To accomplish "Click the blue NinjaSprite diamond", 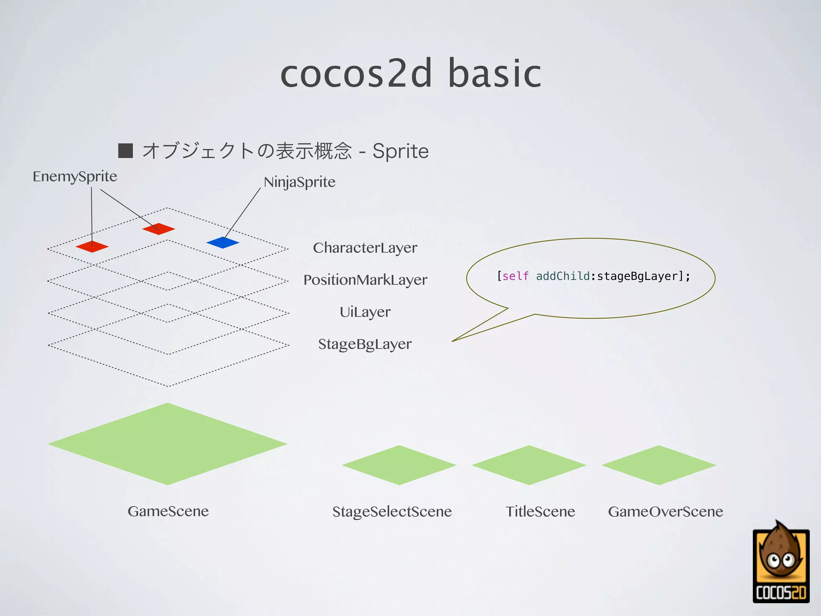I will [223, 243].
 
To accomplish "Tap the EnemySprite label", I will [75, 176].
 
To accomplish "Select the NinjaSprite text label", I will [299, 182].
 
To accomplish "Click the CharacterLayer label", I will [365, 248].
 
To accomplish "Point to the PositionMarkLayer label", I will [365, 280].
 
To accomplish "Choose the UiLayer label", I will [365, 312].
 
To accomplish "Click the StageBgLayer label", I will [365, 344].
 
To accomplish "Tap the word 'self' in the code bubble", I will [515, 276].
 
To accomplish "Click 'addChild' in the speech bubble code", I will [563, 276].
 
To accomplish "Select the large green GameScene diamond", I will [168, 444].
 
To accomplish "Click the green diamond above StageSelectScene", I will [399, 465].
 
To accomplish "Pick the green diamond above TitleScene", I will [529, 465].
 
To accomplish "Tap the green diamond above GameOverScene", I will [659, 465].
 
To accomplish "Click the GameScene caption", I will [168, 511].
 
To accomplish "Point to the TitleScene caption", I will [540, 512].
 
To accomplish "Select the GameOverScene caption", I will [665, 512].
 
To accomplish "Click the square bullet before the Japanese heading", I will [125, 151].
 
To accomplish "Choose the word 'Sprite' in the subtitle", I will [400, 152].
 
